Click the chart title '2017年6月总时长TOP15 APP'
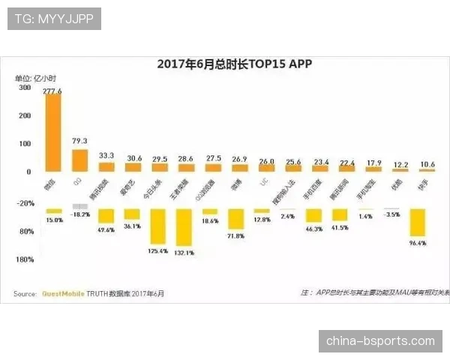coord(234,64)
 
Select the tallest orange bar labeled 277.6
coord(53,133)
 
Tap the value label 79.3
coord(79,141)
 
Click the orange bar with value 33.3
coord(106,166)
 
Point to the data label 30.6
coord(133,158)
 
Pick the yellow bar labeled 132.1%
coord(184,227)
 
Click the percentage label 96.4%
coord(417,243)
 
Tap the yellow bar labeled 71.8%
coord(235,218)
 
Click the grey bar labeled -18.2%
coord(79,206)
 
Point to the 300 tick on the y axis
coord(25,88)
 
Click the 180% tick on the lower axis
coord(25,259)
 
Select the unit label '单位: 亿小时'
coord(36,78)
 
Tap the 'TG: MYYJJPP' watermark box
coord(53,19)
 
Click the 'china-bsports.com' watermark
coord(380,341)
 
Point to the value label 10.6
coord(427,163)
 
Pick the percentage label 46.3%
coord(313,229)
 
